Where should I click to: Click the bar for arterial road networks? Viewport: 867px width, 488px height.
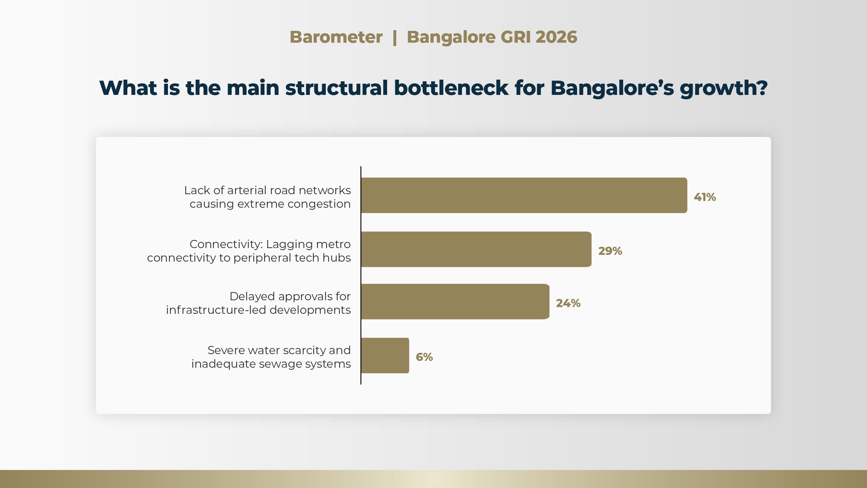click(x=524, y=195)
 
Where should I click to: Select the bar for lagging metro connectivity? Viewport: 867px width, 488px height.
click(x=477, y=249)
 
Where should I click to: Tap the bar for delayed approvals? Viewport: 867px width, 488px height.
click(x=456, y=302)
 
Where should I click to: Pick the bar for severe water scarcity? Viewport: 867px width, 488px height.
click(x=385, y=355)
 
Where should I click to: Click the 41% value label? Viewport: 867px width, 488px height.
click(x=705, y=197)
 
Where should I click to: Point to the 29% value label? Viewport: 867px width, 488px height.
click(x=610, y=251)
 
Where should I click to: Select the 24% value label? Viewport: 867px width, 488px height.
click(x=568, y=303)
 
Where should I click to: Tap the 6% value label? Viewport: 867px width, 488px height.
click(x=424, y=357)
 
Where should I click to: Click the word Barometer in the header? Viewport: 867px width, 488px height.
click(x=336, y=37)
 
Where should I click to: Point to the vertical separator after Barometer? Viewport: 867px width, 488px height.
click(x=395, y=38)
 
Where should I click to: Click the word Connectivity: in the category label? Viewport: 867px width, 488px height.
click(x=226, y=244)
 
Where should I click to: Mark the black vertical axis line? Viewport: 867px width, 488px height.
click(x=361, y=275)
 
